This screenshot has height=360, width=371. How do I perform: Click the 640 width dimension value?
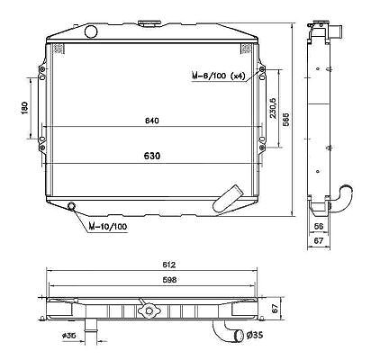(x=151, y=121)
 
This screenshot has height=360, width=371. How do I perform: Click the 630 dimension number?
(x=152, y=156)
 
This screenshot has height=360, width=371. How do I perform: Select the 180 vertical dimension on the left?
(x=24, y=108)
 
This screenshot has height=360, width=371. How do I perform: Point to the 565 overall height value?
(x=286, y=119)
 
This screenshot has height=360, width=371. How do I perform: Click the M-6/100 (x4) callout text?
(x=218, y=76)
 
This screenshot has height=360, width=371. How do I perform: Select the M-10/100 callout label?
(x=108, y=227)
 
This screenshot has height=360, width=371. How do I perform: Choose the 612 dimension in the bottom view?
(x=168, y=265)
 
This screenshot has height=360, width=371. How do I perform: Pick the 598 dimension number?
(x=169, y=280)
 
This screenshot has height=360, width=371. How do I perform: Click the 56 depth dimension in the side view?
(x=318, y=226)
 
